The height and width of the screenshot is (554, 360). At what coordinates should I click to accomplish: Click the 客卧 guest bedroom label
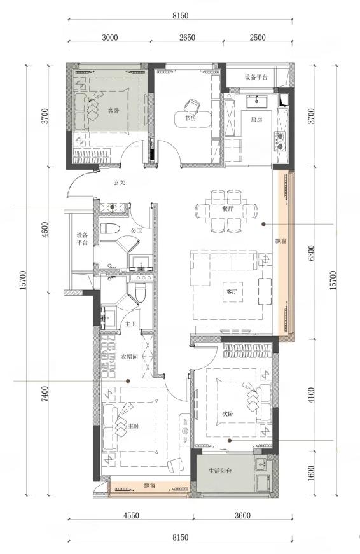click(113, 111)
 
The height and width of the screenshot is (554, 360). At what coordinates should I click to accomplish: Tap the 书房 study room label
click(190, 118)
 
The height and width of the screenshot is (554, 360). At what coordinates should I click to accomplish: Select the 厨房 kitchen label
click(256, 120)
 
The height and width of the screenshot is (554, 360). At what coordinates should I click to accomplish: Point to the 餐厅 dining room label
click(228, 209)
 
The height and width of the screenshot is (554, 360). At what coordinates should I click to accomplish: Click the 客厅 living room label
click(232, 292)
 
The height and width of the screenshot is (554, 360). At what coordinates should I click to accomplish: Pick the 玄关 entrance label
click(120, 183)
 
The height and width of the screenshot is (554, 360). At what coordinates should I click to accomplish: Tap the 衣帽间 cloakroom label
click(129, 357)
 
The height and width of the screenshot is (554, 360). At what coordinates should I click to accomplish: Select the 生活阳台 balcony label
click(220, 471)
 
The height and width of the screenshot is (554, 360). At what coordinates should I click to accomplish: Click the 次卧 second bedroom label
click(228, 413)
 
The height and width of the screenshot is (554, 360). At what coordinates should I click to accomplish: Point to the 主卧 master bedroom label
click(133, 426)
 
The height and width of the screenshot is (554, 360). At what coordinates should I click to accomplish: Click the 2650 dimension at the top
click(187, 38)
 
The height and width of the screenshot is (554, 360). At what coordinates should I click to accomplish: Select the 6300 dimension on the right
click(311, 253)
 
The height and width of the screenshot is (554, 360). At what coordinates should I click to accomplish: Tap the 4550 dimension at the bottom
click(131, 515)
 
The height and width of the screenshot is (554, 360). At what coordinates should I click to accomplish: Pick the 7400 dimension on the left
click(45, 394)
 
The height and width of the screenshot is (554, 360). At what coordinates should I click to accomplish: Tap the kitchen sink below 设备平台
click(256, 101)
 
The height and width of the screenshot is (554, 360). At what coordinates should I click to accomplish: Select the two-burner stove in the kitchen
click(279, 141)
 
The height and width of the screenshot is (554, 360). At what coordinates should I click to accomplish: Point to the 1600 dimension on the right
click(311, 474)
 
